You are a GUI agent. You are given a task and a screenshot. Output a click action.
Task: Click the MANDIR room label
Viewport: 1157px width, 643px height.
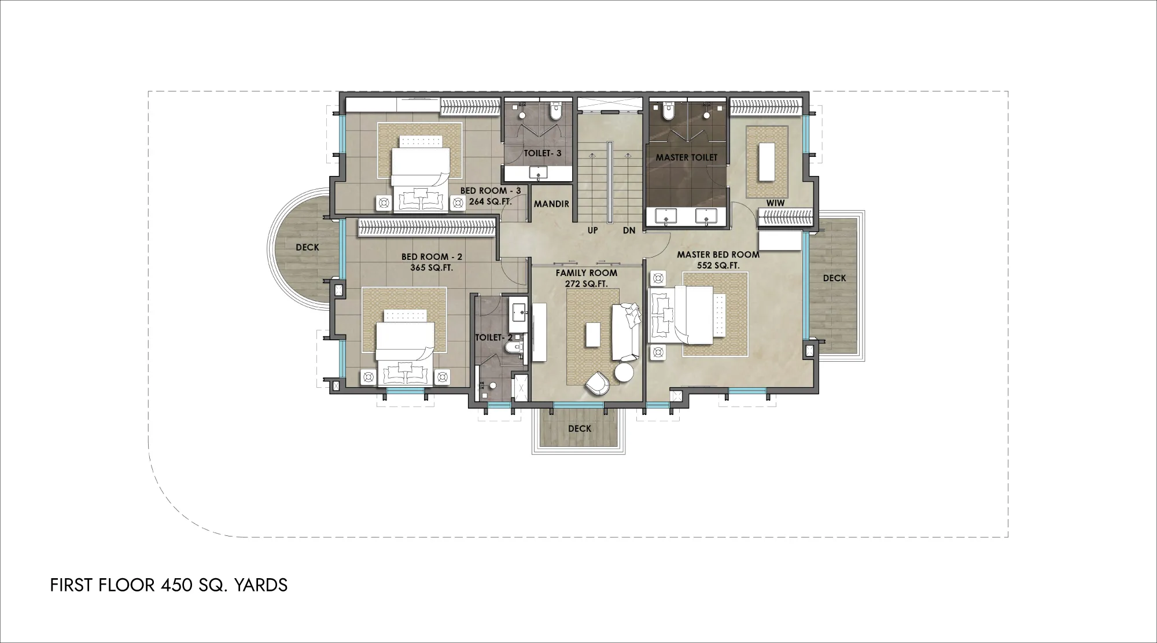click(551, 204)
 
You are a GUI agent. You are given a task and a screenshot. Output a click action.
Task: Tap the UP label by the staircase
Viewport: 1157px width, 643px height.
click(593, 230)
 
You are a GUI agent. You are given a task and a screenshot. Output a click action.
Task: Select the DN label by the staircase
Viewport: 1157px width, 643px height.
click(629, 230)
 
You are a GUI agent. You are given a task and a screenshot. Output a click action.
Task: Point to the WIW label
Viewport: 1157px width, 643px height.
click(775, 203)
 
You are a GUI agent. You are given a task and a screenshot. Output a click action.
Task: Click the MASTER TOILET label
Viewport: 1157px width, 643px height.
click(686, 157)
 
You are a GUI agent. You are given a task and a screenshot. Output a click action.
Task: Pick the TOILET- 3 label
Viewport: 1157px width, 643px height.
click(543, 153)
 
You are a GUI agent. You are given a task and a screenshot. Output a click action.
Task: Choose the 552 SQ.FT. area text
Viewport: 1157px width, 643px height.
click(718, 266)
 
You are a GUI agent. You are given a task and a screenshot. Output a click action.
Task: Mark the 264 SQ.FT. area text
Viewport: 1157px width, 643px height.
click(491, 201)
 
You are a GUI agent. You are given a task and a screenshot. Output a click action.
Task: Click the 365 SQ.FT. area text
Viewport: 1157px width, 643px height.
click(432, 268)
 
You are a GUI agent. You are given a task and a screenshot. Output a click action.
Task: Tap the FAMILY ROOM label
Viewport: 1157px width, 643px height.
click(587, 273)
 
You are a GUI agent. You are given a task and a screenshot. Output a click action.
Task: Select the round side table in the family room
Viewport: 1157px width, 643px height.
click(624, 373)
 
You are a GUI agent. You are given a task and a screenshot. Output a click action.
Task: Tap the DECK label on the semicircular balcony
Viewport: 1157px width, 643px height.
click(307, 247)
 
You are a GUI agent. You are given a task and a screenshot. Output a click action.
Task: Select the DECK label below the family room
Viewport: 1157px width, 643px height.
click(580, 428)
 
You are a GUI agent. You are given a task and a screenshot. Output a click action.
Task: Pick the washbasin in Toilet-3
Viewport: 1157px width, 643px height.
click(539, 173)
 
